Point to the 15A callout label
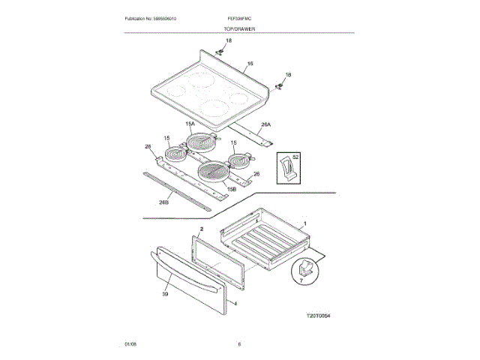coord(190,124)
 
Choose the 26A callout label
coord(265,124)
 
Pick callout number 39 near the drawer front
coord(165,295)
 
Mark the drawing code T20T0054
coord(318,316)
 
